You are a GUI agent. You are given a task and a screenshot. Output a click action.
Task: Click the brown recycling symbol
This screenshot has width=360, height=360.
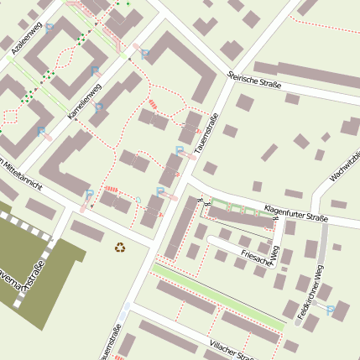(120, 248)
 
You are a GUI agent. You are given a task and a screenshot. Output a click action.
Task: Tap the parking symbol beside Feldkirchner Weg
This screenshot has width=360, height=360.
(331, 310)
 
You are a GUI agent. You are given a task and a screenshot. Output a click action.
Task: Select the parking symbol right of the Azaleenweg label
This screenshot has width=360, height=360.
(50, 28)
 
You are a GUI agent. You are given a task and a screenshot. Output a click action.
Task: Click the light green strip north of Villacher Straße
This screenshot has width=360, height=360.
(218, 296)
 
